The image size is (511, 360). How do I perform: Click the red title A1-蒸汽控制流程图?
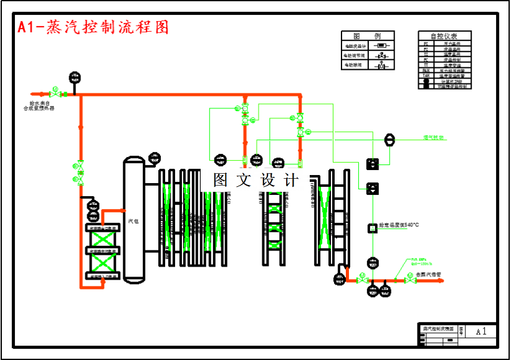tap(93, 27)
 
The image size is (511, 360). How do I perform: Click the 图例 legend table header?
tap(367, 36)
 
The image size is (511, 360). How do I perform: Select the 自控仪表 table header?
tap(444, 36)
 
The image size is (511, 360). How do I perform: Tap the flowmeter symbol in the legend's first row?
tap(380, 45)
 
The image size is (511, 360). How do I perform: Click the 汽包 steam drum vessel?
tap(134, 220)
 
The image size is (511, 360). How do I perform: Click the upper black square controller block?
tap(372, 164)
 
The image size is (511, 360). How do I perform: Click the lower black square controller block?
tap(372, 188)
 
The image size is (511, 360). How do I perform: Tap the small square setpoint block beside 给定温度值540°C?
tap(372, 227)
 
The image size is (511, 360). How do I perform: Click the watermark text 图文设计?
tap(255, 181)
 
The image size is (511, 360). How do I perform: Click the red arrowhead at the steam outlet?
tap(444, 280)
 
